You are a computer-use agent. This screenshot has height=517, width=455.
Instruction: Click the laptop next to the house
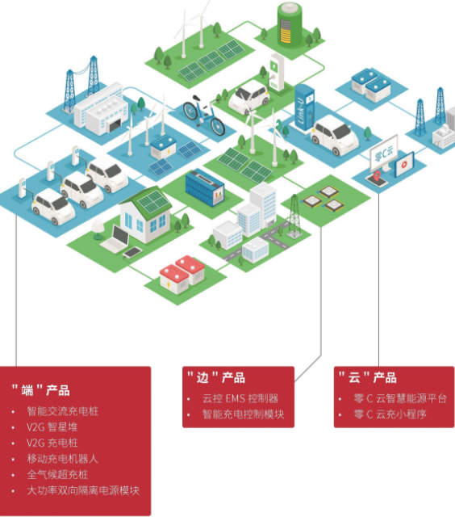tap(119, 237)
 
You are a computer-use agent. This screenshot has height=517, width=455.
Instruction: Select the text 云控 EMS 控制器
tap(240, 398)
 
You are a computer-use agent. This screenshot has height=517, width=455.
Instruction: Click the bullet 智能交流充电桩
tap(62, 411)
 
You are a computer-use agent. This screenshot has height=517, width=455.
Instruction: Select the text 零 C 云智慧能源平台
tap(399, 398)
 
